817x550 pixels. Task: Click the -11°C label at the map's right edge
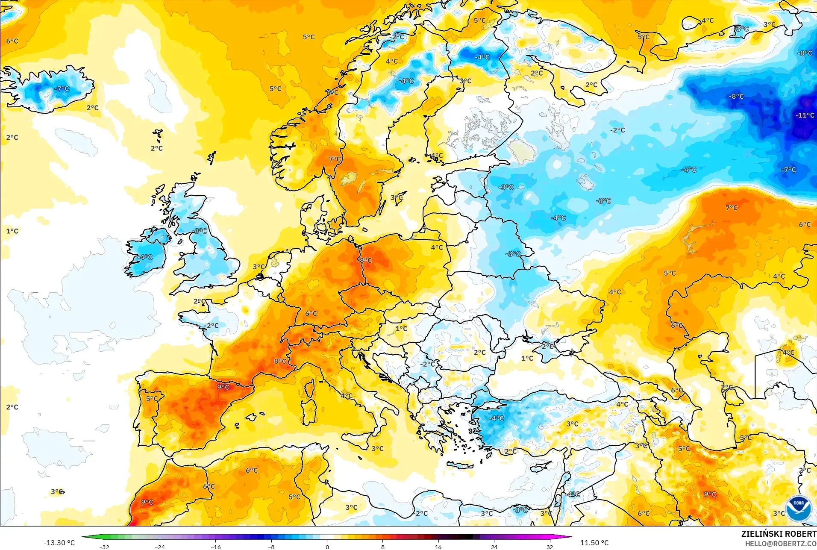coord(805,115)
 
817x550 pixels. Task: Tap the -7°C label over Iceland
coord(62,89)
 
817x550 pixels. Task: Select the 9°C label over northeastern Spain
coord(223,387)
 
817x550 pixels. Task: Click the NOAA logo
coord(798,508)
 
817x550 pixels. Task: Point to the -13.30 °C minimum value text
coord(59,543)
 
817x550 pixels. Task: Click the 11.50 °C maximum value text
coord(594,543)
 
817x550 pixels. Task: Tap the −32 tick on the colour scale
coord(104,547)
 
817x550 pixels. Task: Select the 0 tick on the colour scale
coord(327,547)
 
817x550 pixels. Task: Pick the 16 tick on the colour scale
coord(438,547)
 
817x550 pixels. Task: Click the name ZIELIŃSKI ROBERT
coord(779,534)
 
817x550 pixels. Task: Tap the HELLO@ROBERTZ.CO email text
coord(781,544)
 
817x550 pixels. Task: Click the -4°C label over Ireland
coord(146,257)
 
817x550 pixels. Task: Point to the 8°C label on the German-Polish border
coord(366,260)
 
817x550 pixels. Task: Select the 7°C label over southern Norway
coord(335,159)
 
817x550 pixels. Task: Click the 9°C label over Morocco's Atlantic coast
coord(147,502)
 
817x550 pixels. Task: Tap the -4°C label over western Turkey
coord(497,418)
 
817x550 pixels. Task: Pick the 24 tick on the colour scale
coord(494,547)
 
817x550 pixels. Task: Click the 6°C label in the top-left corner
coord(12,41)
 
